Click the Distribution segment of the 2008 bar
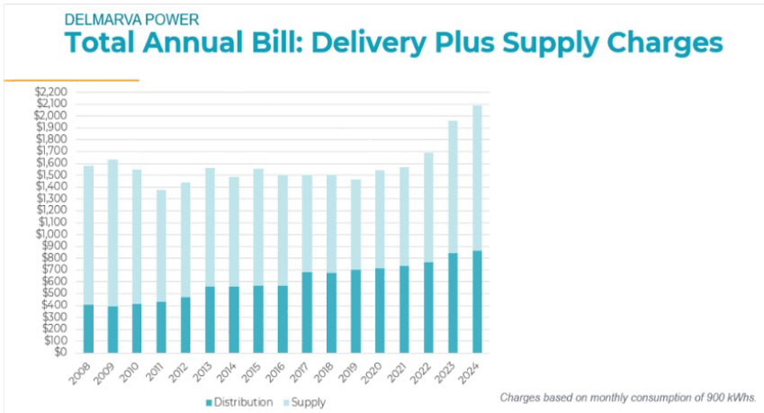88,328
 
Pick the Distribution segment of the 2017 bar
307,311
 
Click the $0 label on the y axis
60,352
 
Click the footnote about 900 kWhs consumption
627,397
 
